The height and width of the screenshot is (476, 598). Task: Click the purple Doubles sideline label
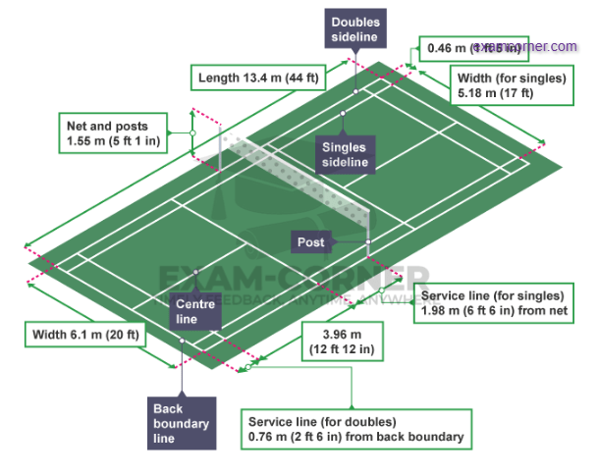pyautogui.click(x=355, y=29)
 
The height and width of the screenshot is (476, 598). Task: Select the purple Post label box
pyautogui.click(x=312, y=241)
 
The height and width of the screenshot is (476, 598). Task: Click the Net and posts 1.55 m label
pyautogui.click(x=113, y=133)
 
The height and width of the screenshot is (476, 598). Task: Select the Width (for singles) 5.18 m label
pyautogui.click(x=510, y=85)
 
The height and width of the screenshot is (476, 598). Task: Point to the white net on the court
pyautogui.click(x=295, y=177)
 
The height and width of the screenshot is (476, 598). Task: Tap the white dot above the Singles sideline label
pyautogui.click(x=344, y=115)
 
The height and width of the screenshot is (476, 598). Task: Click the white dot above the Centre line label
pyautogui.click(x=196, y=272)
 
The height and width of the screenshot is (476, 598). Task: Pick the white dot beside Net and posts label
pyautogui.click(x=193, y=132)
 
